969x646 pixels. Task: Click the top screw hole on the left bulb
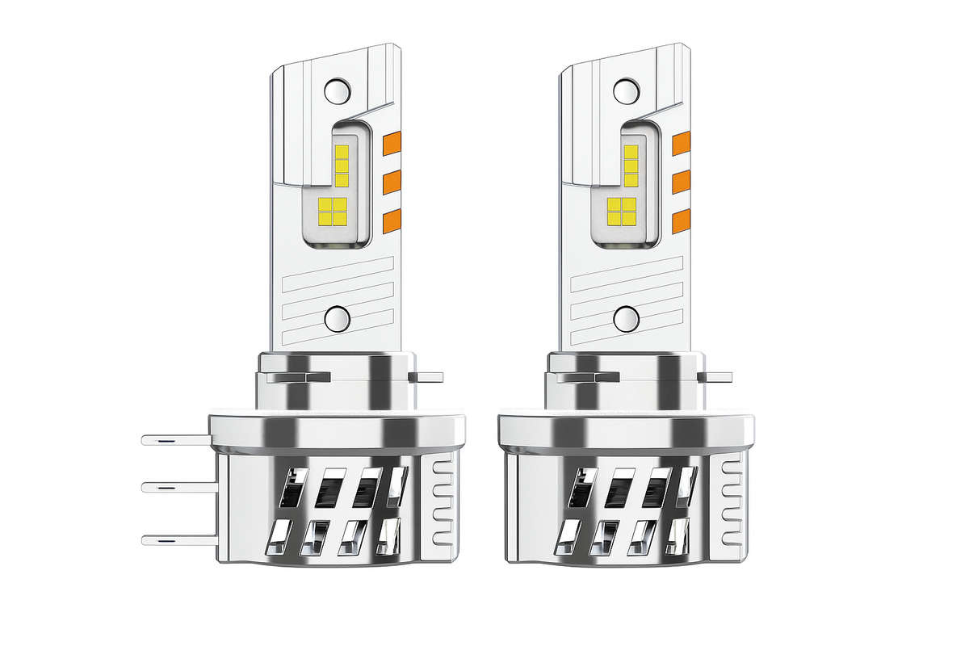pyautogui.click(x=336, y=89)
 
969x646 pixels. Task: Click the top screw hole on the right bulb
pyautogui.click(x=626, y=89)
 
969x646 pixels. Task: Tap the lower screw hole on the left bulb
pyautogui.click(x=336, y=319)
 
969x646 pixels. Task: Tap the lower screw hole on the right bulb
pyautogui.click(x=626, y=319)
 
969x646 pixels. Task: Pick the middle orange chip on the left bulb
pyautogui.click(x=392, y=182)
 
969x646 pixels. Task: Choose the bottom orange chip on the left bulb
pyautogui.click(x=392, y=220)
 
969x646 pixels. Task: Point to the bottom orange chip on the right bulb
pyautogui.click(x=682, y=220)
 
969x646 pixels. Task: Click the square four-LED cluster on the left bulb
pyautogui.click(x=332, y=212)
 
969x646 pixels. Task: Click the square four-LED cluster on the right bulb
pyautogui.click(x=621, y=212)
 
